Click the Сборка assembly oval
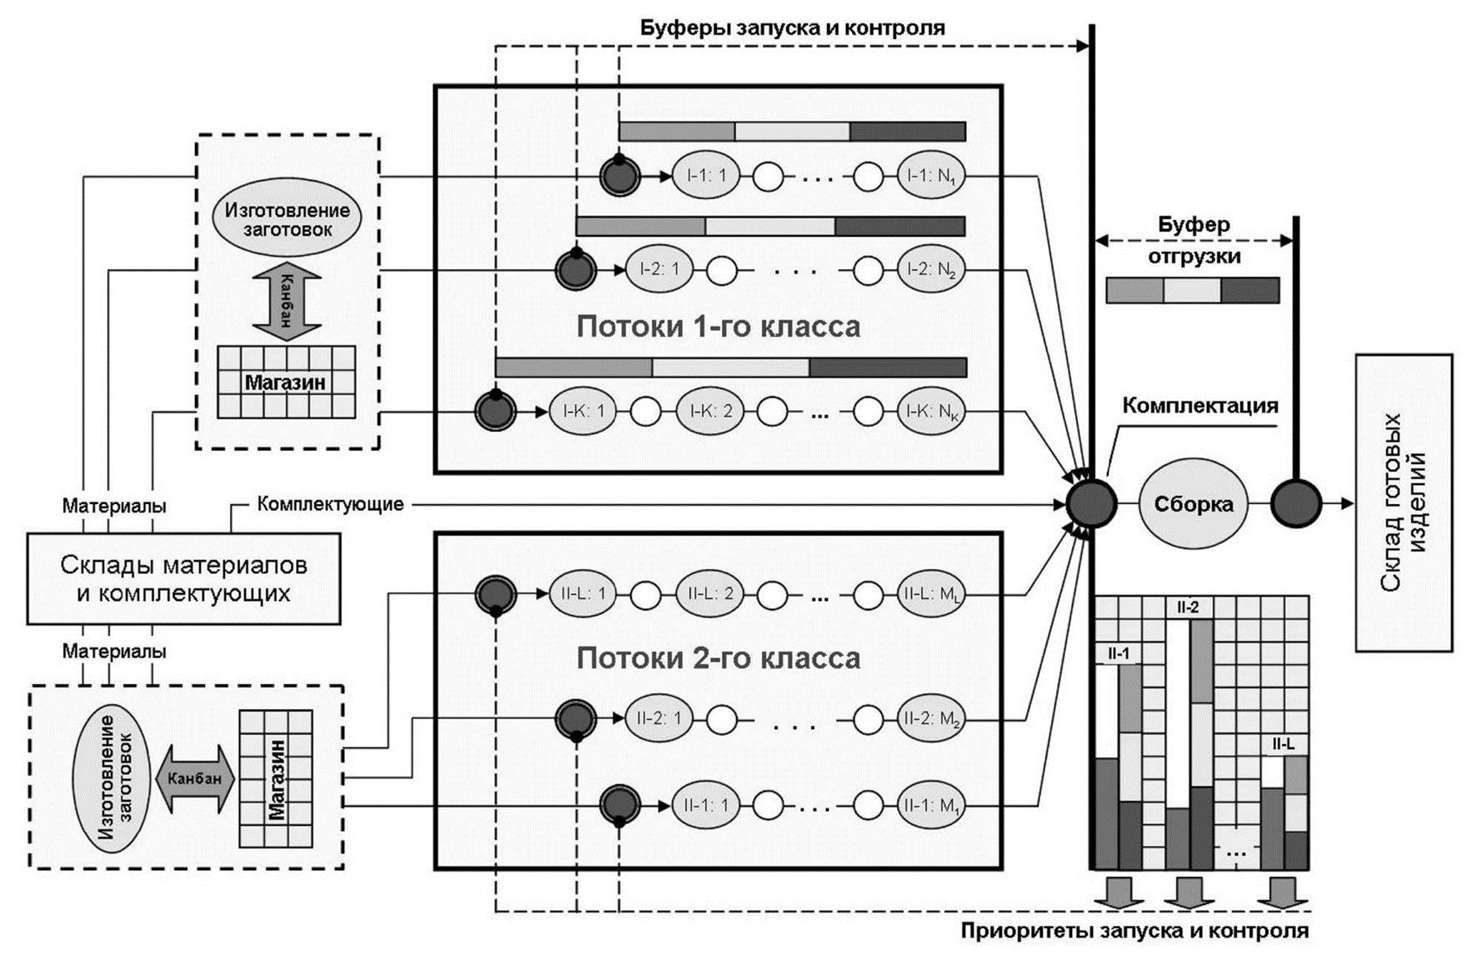coord(1193,504)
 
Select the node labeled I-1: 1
coord(706,176)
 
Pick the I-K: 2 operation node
coord(709,411)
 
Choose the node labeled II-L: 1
coord(583,594)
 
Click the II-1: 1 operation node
coord(706,806)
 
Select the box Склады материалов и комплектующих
coord(183,579)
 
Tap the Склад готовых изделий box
coord(1404,502)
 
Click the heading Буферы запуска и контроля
coord(792,27)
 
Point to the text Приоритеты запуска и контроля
coord(1134,931)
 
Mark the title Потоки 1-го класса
coord(718,326)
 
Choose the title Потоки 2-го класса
coord(718,658)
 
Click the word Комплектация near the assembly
coord(1199,406)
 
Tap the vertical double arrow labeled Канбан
coord(286,301)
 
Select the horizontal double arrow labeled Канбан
coord(194,778)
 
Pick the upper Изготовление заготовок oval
coord(288,219)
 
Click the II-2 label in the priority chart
coord(1187,607)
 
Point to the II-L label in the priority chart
coord(1284,744)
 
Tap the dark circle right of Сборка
coord(1295,503)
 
